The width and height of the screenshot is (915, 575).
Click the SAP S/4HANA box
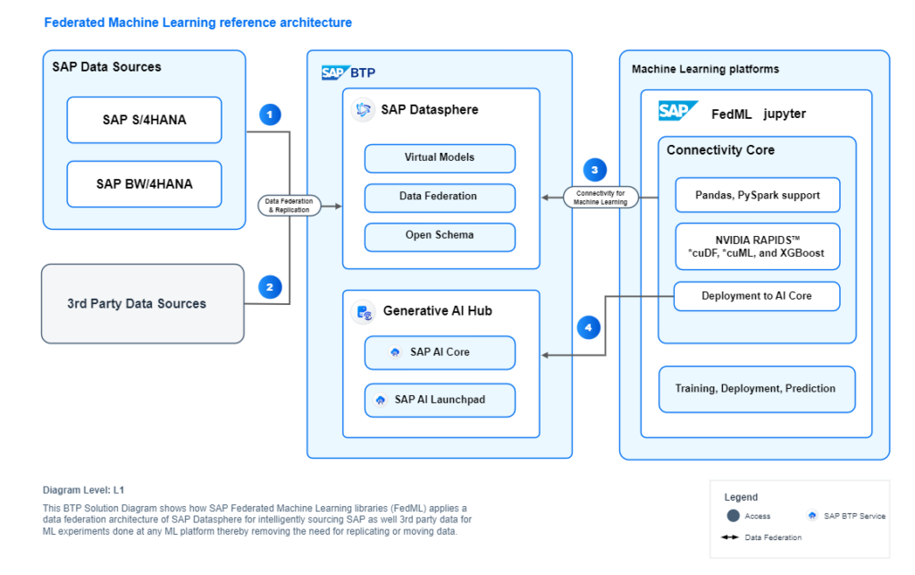click(x=144, y=120)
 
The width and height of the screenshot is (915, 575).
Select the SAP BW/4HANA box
click(x=144, y=184)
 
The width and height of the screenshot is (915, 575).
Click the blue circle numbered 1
click(x=270, y=114)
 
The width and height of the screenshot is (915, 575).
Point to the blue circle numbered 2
click(x=270, y=287)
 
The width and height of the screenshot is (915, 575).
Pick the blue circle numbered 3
click(x=594, y=169)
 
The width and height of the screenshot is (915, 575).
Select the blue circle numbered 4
click(x=587, y=327)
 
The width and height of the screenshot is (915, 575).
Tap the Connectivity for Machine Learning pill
click(x=608, y=198)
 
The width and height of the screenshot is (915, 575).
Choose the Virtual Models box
click(x=440, y=158)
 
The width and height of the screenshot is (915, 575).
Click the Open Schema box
click(x=440, y=236)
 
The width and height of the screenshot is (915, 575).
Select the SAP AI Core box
click(x=440, y=352)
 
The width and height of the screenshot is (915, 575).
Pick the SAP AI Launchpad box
click(x=440, y=400)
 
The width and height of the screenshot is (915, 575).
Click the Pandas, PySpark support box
click(x=757, y=195)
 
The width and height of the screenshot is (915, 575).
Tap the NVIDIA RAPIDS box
click(x=757, y=246)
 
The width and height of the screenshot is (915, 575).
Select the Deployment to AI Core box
click(x=757, y=296)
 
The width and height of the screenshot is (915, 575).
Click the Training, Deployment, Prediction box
click(x=757, y=389)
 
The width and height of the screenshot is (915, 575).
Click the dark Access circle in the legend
click(x=734, y=515)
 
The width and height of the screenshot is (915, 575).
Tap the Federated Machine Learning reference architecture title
click(x=198, y=22)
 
